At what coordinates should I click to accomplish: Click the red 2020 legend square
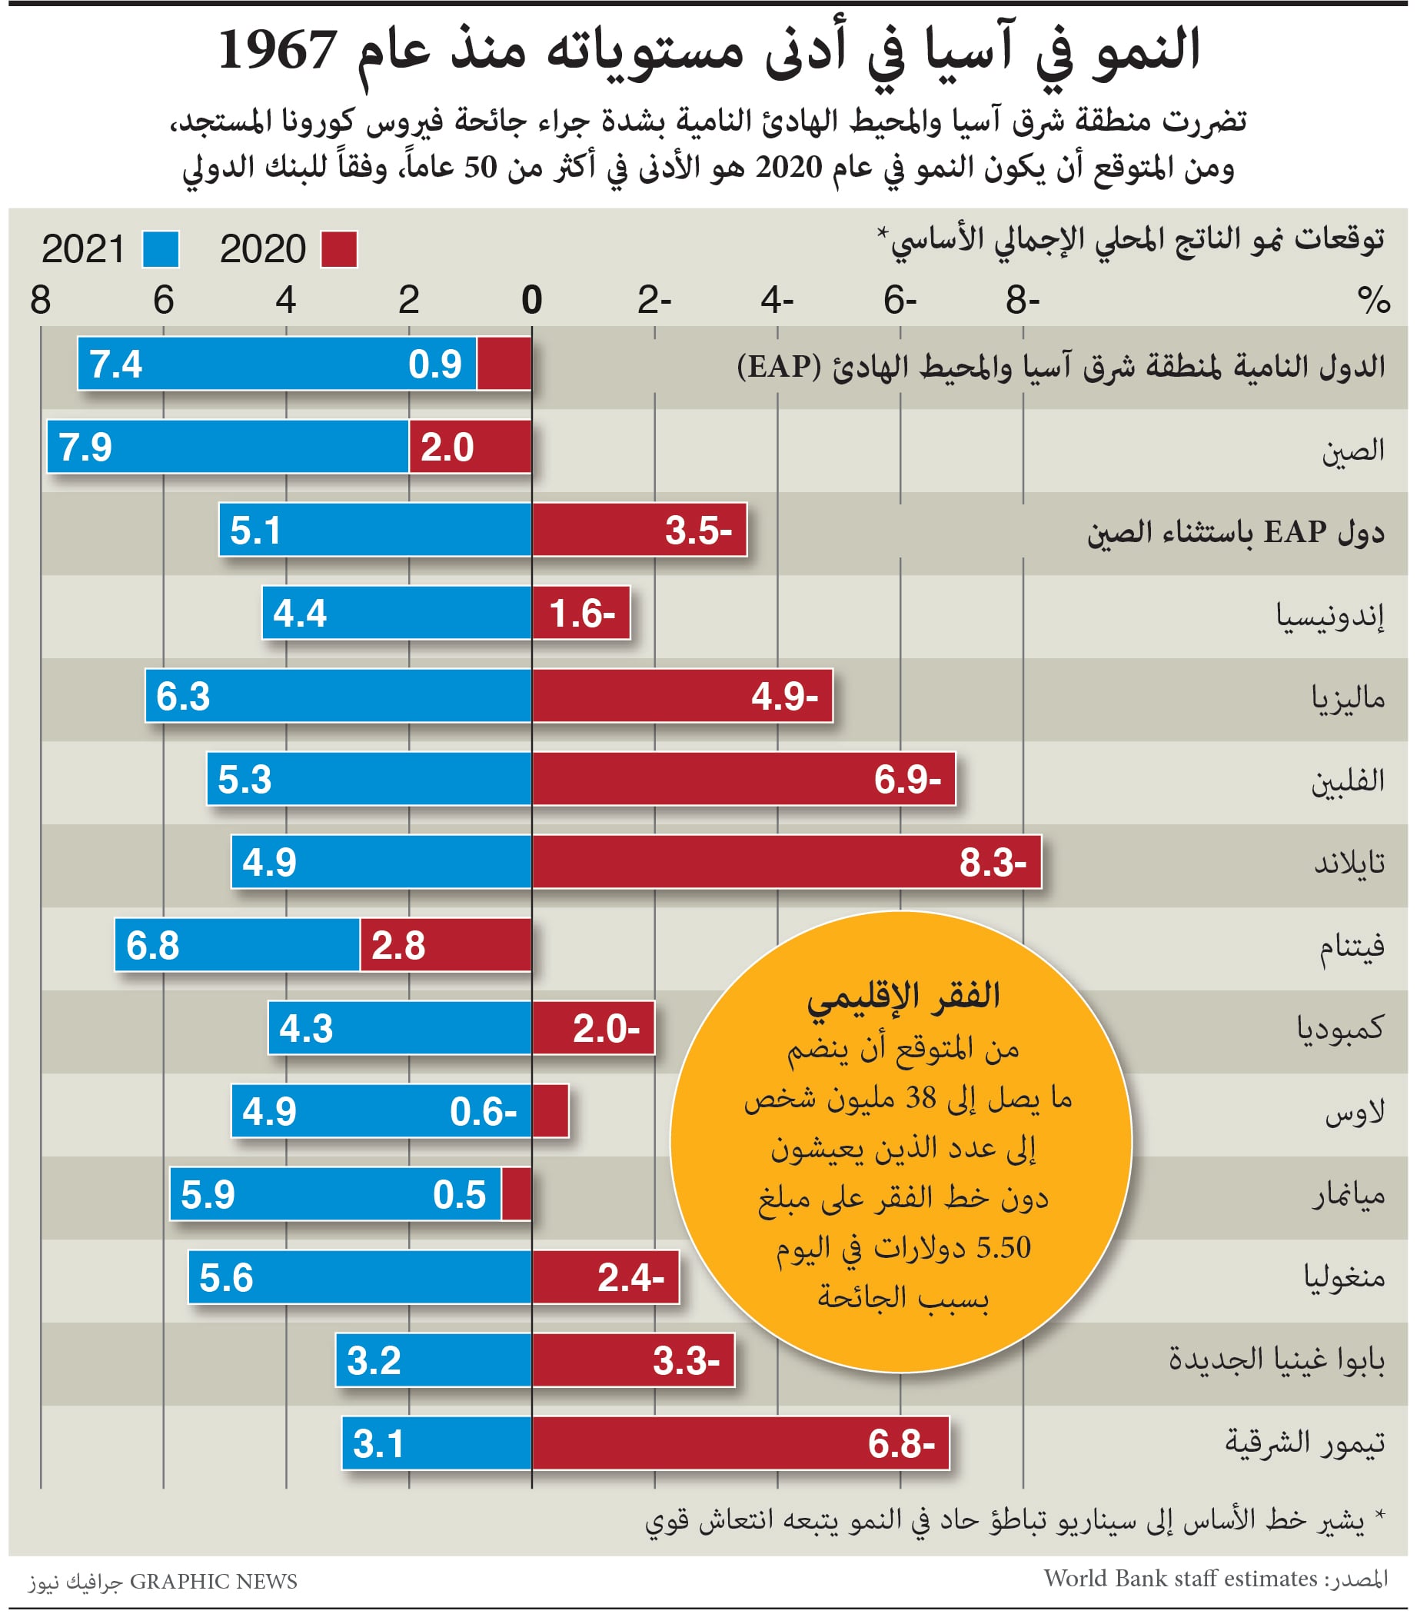(x=339, y=250)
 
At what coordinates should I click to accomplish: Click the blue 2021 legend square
(x=161, y=250)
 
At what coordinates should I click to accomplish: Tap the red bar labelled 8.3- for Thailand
(x=786, y=862)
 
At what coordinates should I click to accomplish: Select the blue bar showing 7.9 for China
(x=228, y=447)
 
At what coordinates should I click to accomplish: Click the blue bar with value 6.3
(x=338, y=696)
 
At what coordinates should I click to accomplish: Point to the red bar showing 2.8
(x=445, y=945)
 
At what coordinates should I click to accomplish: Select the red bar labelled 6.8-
(x=740, y=1443)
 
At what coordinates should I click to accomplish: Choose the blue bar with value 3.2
(x=433, y=1360)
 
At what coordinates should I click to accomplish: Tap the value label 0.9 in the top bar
(x=435, y=364)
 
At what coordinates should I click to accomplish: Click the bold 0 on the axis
(x=532, y=300)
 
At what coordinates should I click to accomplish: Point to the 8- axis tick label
(x=1023, y=300)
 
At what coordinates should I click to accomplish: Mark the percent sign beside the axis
(x=1374, y=300)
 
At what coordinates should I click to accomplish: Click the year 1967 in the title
(x=277, y=51)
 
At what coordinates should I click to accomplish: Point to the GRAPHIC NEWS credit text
(x=213, y=1582)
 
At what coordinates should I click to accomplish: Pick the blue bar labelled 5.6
(x=359, y=1278)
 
